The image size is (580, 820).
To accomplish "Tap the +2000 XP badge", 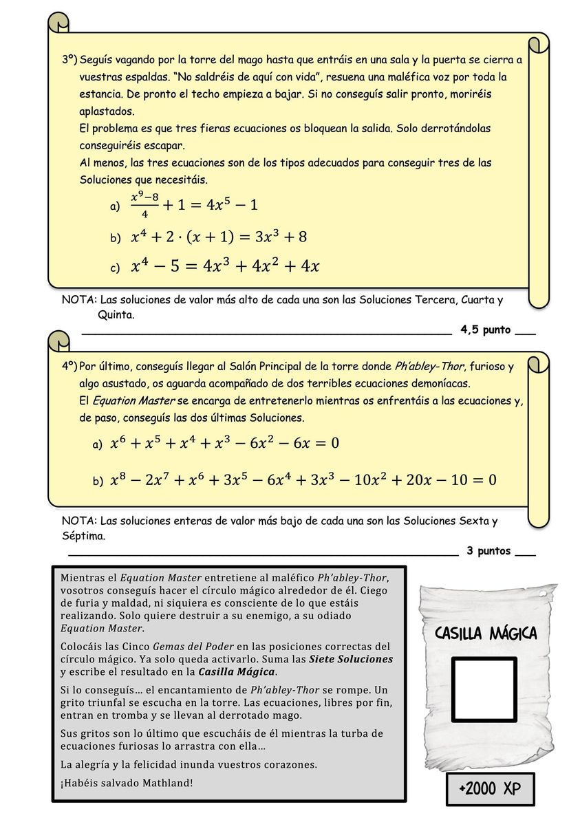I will pyautogui.click(x=490, y=788).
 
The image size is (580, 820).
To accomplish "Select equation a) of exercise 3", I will pyautogui.click(x=194, y=205).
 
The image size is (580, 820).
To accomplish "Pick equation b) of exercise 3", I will pyautogui.click(x=219, y=237).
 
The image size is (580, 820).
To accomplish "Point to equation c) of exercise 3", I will pyautogui.click(x=226, y=266).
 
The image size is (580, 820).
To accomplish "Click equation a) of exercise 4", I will pyautogui.click(x=224, y=443).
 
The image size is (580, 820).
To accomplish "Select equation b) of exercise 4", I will pyautogui.click(x=303, y=479).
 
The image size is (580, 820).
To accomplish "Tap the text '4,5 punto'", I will pyautogui.click(x=486, y=330).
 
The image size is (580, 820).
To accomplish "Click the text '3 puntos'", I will pyautogui.click(x=488, y=551).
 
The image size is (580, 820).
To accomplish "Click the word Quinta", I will pyautogui.click(x=115, y=315).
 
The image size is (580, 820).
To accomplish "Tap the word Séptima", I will pyautogui.click(x=83, y=536).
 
